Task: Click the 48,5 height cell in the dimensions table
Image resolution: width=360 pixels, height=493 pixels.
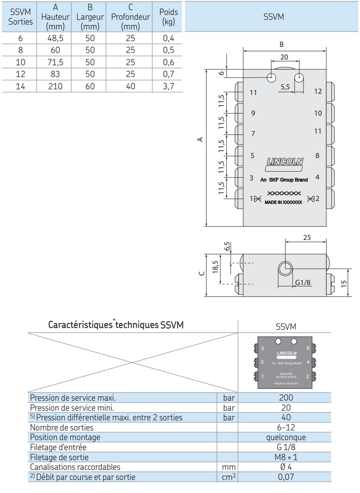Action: coord(55,38)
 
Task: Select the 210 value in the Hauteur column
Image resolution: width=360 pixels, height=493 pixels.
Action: coord(55,86)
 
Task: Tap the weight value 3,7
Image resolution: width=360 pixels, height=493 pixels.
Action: coord(169,86)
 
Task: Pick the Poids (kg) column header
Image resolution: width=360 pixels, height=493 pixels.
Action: coord(169,17)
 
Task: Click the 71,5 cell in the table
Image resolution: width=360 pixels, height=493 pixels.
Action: coord(55,62)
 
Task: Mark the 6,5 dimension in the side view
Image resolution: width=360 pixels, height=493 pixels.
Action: coord(227,246)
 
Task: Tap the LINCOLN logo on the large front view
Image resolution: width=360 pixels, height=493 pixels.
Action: coord(285,162)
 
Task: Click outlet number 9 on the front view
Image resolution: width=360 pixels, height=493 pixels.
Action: coord(253,113)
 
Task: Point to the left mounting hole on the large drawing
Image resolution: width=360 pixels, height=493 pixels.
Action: coord(272,78)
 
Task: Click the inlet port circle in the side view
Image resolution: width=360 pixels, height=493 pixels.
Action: coord(285,267)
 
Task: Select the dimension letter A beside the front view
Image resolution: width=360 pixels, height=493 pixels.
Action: coord(200,139)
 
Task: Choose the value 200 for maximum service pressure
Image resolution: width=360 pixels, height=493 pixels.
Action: coord(286,398)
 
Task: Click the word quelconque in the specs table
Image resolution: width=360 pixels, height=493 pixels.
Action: coord(286,437)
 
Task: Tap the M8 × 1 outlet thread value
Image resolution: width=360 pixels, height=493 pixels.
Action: coord(286,457)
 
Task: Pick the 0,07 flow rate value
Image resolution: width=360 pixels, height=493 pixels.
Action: coord(286,477)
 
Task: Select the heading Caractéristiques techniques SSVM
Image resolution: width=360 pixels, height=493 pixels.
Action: coord(116,325)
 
